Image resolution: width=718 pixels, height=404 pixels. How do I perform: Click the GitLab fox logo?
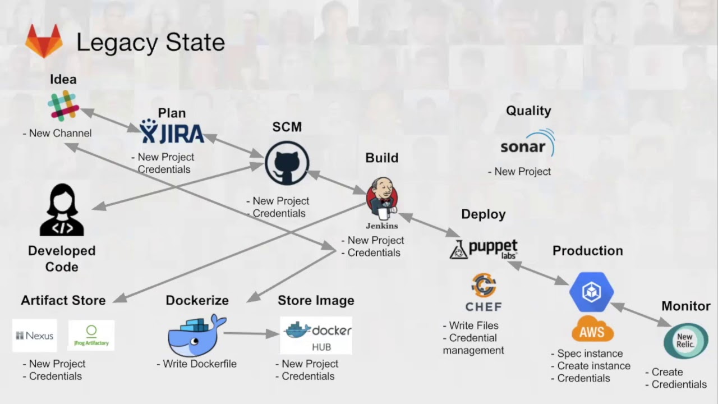(44, 43)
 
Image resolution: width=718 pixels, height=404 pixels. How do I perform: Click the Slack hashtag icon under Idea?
(63, 107)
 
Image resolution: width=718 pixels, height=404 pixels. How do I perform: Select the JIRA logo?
(172, 132)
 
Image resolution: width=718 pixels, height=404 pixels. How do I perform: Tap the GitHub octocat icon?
(287, 163)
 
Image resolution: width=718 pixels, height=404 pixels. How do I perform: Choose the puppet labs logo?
(484, 249)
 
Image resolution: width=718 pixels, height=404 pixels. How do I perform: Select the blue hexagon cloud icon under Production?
(591, 291)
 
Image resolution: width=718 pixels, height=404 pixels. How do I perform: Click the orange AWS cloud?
(592, 329)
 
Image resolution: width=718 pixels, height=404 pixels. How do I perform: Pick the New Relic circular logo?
(685, 341)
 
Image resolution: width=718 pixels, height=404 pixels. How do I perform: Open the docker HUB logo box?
(316, 336)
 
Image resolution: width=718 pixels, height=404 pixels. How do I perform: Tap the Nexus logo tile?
(35, 336)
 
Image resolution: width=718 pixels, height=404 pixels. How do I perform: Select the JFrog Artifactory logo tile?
(91, 336)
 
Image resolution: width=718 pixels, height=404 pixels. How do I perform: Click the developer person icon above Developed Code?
(62, 210)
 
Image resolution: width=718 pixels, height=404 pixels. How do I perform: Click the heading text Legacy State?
(150, 43)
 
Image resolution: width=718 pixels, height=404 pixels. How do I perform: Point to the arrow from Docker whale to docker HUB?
(251, 333)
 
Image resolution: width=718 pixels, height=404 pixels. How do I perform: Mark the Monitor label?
(685, 306)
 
